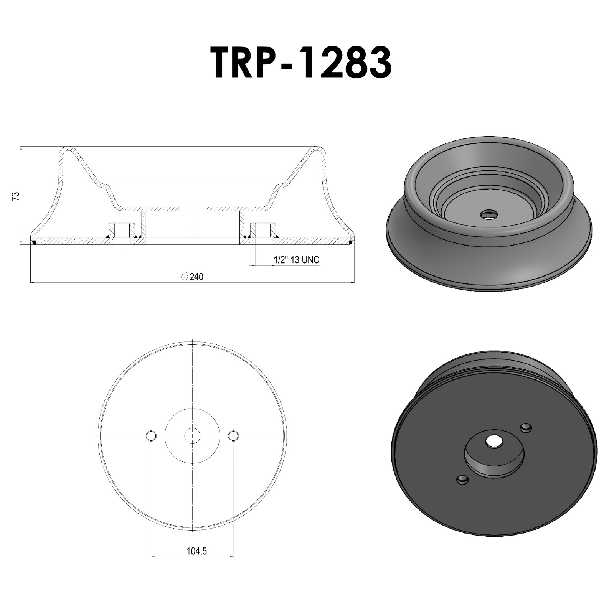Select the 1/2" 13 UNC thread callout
pos(296,260)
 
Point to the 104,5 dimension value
pos(196,551)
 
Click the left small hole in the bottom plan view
pos(151,435)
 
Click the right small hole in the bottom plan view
pos(233,435)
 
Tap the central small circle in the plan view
pos(192,435)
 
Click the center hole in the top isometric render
pos(489,214)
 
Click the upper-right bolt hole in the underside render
pos(525,427)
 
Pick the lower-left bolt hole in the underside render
pos(463,480)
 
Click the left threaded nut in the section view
pos(122,230)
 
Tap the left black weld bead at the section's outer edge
pos(34,242)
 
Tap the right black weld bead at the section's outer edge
pos(351,242)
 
